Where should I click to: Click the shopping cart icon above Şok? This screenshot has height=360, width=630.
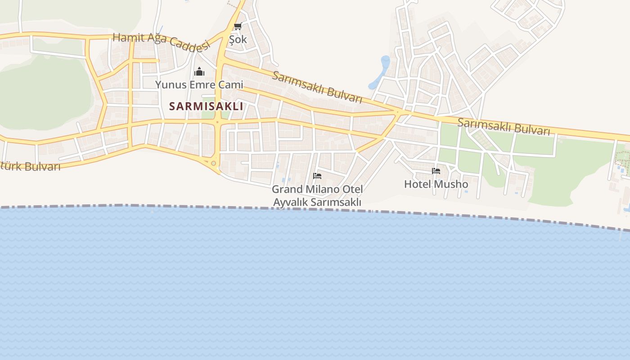(x=238, y=26)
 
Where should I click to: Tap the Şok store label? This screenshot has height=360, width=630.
(x=238, y=40)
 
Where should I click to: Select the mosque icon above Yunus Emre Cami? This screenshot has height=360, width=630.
(x=199, y=72)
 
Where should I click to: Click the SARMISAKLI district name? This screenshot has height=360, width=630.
(x=206, y=107)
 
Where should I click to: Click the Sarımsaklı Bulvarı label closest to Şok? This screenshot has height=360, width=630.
(x=317, y=87)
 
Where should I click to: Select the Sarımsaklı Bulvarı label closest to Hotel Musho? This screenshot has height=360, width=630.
(x=504, y=126)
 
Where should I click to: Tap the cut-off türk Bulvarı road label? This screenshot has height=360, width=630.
(x=30, y=166)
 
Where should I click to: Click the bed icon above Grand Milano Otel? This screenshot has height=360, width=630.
(x=317, y=175)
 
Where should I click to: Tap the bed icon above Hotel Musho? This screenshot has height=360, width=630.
(x=436, y=171)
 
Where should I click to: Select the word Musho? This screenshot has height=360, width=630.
(x=453, y=184)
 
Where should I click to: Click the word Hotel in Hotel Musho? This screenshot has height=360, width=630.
(x=419, y=184)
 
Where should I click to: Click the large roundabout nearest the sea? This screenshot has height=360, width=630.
(x=213, y=163)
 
